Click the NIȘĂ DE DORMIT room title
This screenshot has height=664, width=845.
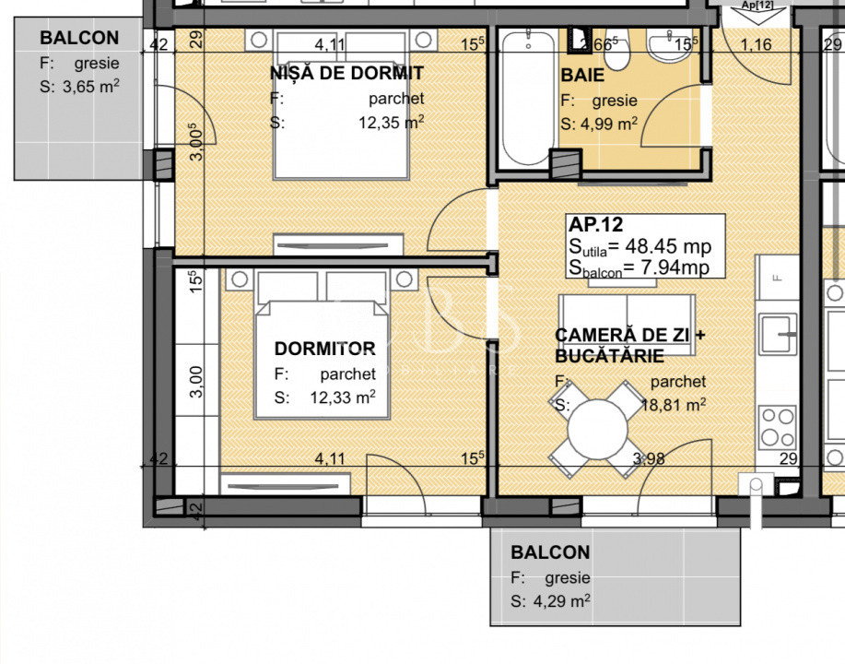click(x=346, y=73)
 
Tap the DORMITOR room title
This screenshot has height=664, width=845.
click(x=324, y=349)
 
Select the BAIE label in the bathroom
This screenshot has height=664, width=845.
click(x=582, y=75)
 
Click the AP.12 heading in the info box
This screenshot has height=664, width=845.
click(x=596, y=224)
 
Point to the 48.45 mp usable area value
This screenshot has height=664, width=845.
click(x=668, y=246)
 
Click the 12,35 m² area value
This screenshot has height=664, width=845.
click(x=392, y=122)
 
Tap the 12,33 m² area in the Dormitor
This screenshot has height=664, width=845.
click(x=342, y=397)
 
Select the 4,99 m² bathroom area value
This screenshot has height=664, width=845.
click(x=608, y=125)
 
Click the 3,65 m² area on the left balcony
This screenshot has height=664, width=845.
click(x=91, y=87)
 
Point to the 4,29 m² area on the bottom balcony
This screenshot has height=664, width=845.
click(x=561, y=601)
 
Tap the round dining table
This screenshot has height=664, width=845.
click(x=598, y=430)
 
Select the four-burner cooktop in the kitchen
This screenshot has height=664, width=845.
click(x=778, y=428)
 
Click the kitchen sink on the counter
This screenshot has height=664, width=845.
click(x=778, y=335)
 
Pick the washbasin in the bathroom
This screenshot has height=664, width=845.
click(x=668, y=47)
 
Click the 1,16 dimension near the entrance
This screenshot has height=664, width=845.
click(x=756, y=45)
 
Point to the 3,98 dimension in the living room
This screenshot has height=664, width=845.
click(x=649, y=459)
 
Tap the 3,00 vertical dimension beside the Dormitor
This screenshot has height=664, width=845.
click(x=196, y=382)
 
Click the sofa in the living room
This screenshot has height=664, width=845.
click(x=627, y=325)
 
